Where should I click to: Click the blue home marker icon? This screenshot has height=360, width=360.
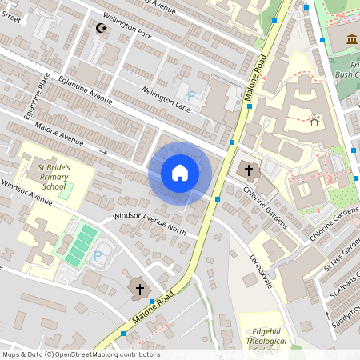tap(180, 172)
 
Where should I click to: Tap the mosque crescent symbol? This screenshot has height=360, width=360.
tap(101, 29)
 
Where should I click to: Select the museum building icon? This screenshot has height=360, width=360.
tap(352, 40)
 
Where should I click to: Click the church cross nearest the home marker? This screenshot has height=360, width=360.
tap(248, 170)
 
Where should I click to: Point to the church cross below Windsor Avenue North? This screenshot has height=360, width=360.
tap(141, 289)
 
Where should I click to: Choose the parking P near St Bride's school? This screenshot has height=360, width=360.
tap(98, 255)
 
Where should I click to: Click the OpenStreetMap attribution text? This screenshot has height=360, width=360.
tap(80, 354)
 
